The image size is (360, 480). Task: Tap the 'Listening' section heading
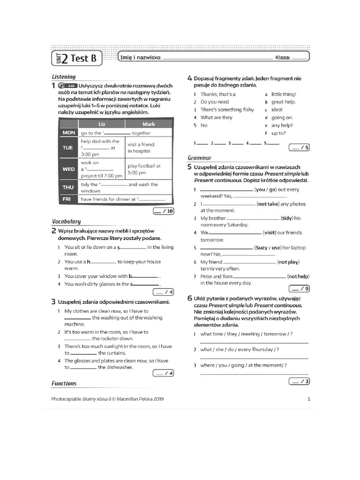coord(63,76)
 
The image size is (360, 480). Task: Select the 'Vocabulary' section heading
coord(66,221)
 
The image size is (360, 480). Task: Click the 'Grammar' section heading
coord(199,158)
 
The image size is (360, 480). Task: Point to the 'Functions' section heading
coord(64,383)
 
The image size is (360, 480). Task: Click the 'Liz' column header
coord(102,124)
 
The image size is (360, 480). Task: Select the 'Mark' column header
coord(149,124)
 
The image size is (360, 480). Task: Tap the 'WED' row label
coord(68,169)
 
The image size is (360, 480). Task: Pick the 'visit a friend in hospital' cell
coord(141,148)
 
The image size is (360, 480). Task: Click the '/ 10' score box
coord(164,211)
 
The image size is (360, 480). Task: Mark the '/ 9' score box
coord(299,288)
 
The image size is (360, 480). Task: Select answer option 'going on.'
coord(282,118)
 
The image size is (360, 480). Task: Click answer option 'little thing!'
coord(284,94)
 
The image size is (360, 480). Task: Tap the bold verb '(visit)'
coord(270,232)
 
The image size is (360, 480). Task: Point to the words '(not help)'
coord(298,277)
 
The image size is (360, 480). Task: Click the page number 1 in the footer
coord(309,399)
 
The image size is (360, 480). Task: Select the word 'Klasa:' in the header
coord(283,58)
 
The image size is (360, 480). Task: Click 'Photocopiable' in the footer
coord(66,399)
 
